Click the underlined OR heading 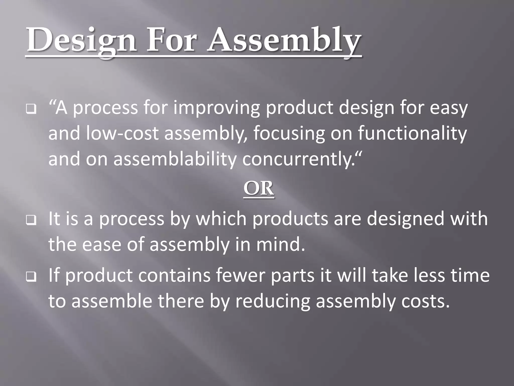[259, 189]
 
